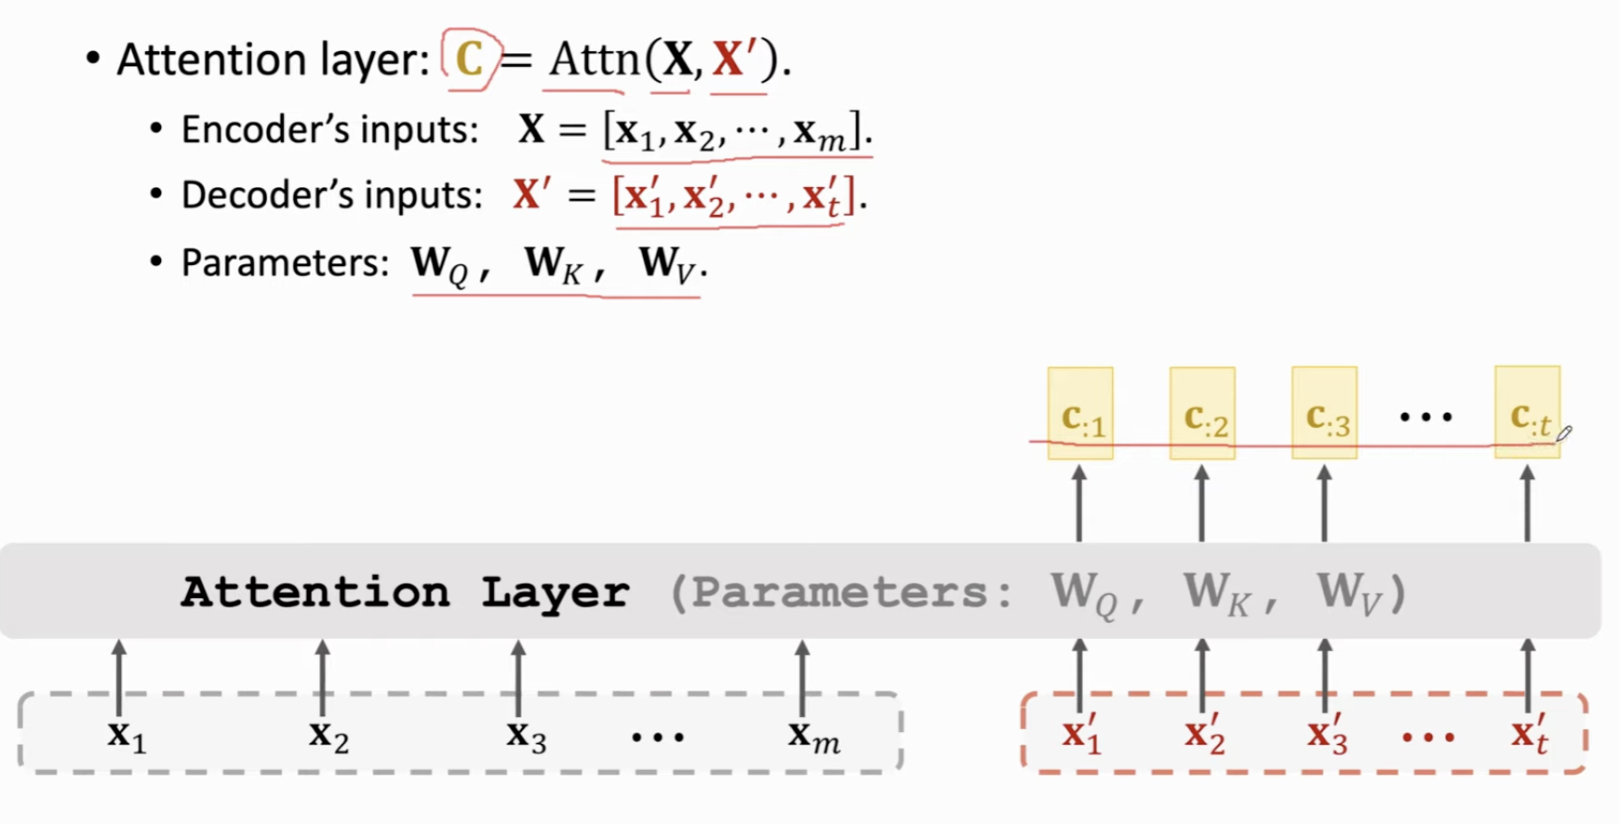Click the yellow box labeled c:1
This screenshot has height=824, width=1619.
tap(1080, 413)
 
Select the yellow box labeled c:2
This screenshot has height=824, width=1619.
tap(1202, 413)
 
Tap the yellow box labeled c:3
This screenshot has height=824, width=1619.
tap(1324, 413)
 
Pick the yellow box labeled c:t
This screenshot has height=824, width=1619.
tap(1527, 412)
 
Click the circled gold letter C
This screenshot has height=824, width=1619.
tap(469, 60)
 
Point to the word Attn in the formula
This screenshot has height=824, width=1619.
tap(594, 60)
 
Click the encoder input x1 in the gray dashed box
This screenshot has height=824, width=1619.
tap(127, 736)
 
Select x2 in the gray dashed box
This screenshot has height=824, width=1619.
tap(329, 736)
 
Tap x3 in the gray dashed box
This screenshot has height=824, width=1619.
tap(526, 736)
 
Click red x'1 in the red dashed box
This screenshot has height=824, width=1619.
tap(1081, 734)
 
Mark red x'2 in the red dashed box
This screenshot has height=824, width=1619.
tap(1204, 734)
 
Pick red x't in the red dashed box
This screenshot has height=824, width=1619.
tap(1529, 734)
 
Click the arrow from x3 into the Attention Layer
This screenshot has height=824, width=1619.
tap(518, 678)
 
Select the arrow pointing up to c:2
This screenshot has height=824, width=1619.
tap(1201, 503)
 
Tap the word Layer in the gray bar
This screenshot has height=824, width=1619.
tap(555, 592)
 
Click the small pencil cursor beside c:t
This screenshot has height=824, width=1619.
tap(1564, 433)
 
